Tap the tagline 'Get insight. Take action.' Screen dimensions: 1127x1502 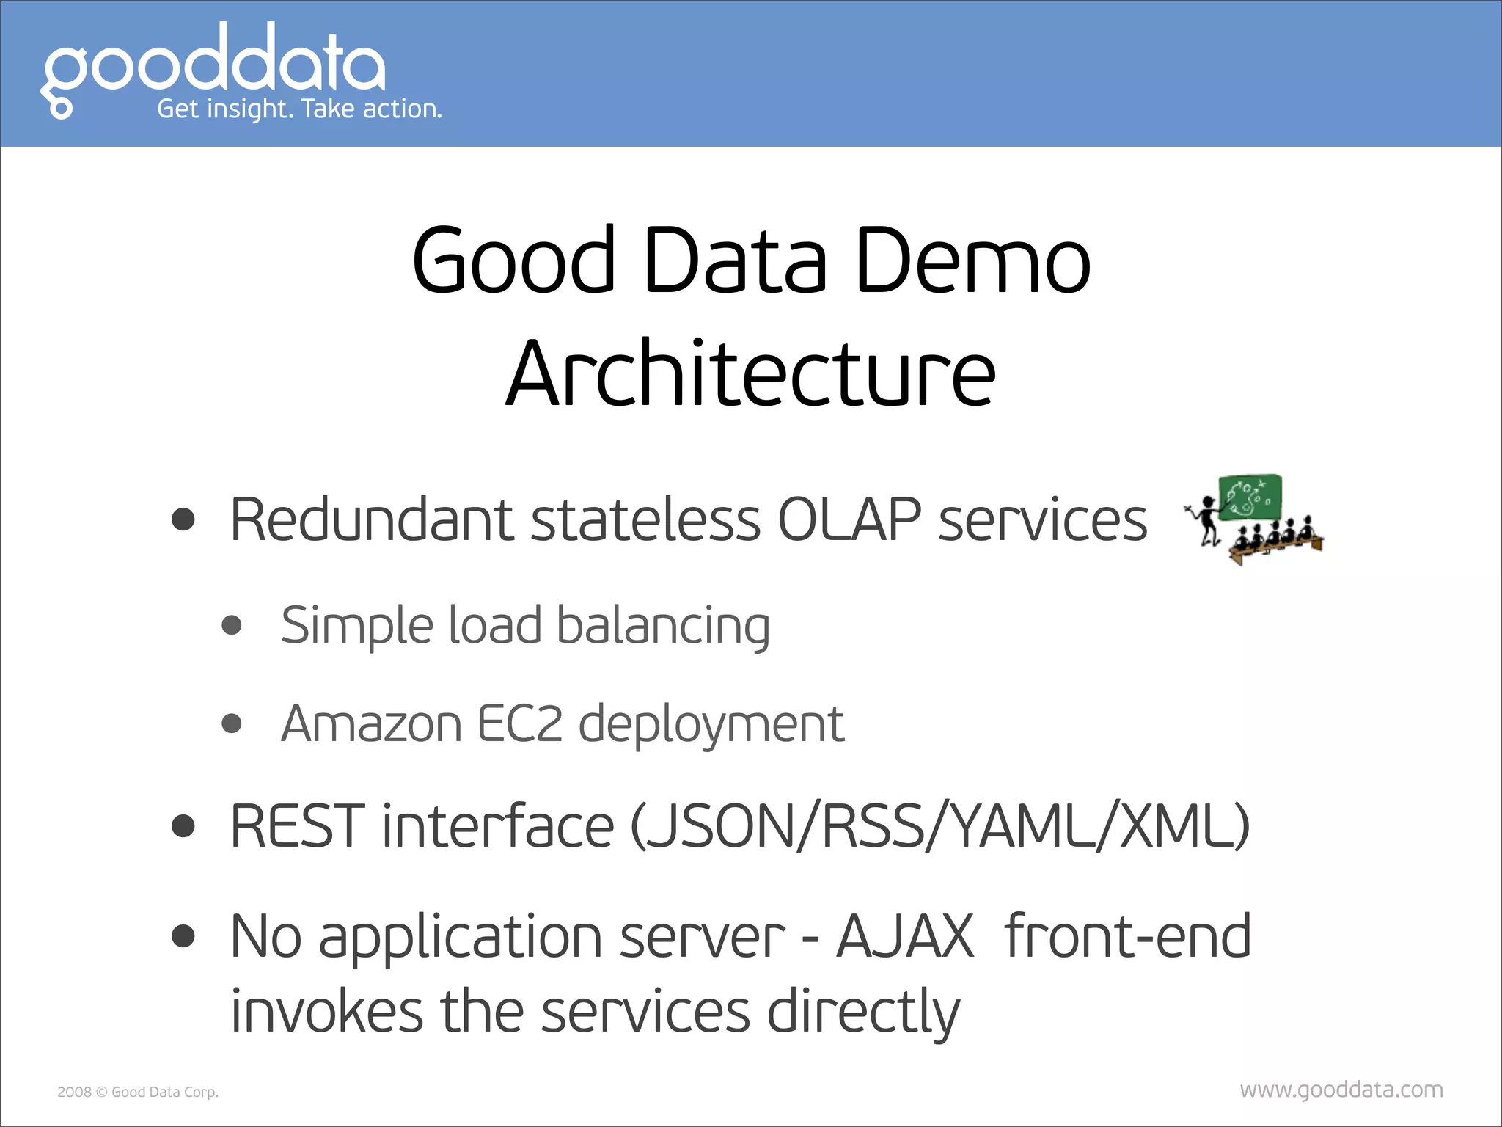(x=299, y=109)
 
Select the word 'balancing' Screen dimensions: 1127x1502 (x=663, y=626)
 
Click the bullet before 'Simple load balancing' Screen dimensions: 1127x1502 (x=232, y=625)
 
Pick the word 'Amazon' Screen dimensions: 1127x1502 (x=371, y=724)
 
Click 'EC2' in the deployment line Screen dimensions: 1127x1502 (x=520, y=724)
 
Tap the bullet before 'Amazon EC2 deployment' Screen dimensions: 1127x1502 (x=232, y=724)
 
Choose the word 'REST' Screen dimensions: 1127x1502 (x=297, y=826)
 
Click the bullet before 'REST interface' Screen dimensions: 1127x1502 (x=183, y=826)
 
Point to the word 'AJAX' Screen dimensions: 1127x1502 (x=905, y=937)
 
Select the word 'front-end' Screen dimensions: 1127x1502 (x=1128, y=937)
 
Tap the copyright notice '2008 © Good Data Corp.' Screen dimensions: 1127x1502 (x=138, y=1092)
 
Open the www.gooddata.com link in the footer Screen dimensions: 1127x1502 (x=1341, y=1090)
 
